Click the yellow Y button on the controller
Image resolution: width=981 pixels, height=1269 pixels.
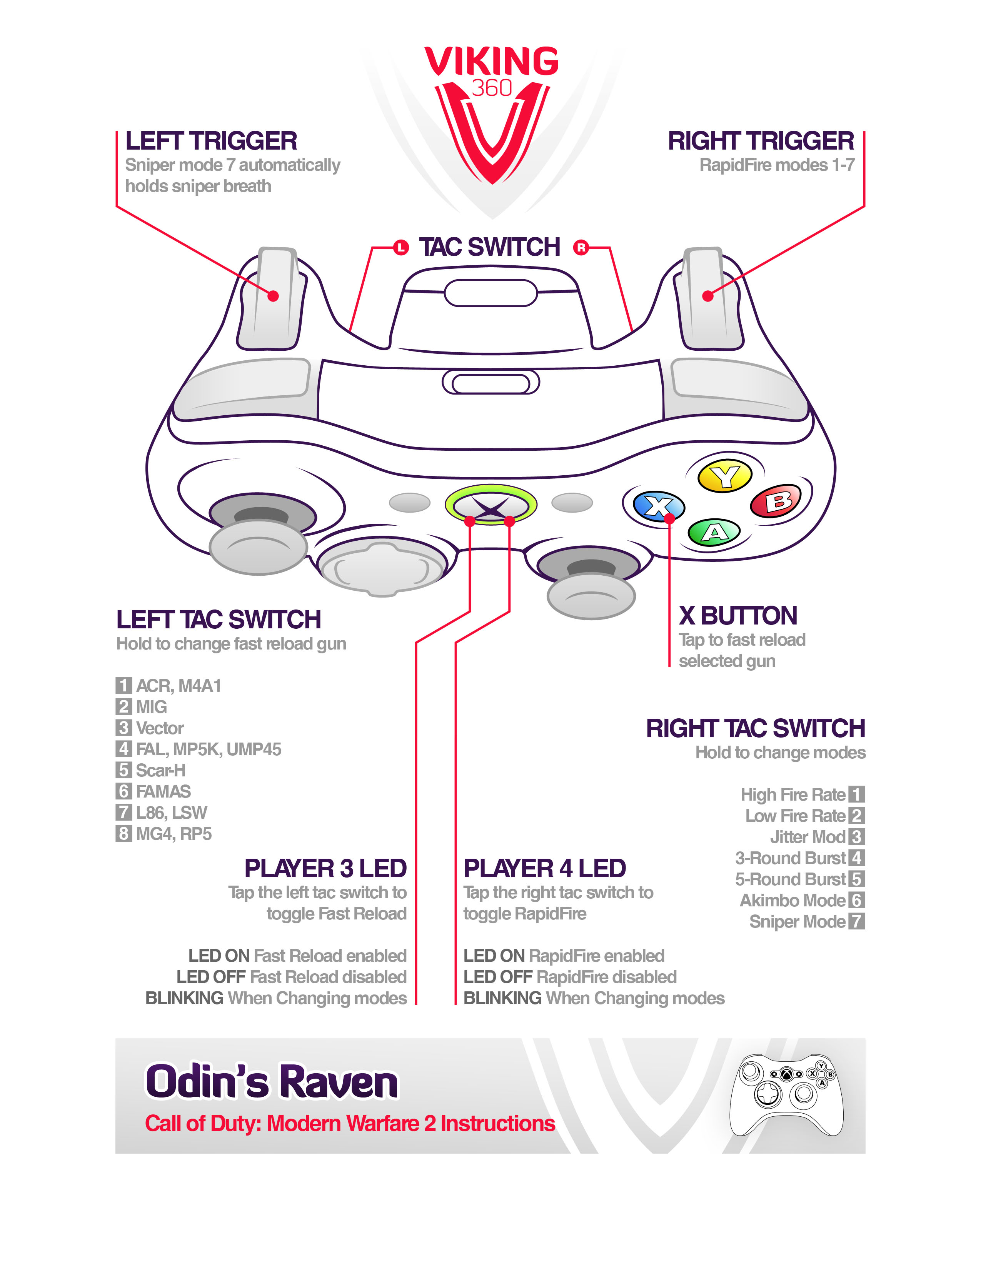(725, 476)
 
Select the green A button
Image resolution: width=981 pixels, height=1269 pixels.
(714, 532)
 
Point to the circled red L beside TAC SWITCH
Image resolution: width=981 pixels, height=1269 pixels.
(400, 248)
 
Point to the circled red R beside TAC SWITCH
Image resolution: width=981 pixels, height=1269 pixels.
(581, 248)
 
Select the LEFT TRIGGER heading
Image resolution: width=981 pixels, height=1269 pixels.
(211, 141)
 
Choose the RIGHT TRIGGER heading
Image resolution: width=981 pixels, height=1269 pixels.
(761, 141)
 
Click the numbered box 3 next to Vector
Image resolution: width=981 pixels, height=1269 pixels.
(123, 728)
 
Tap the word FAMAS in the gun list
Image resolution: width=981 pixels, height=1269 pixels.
(163, 791)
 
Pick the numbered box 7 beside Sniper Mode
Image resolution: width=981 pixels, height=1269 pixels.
(857, 921)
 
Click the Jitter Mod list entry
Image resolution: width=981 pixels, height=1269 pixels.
(807, 837)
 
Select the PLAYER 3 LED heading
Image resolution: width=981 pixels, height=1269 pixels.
(325, 869)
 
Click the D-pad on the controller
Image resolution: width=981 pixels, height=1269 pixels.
(382, 569)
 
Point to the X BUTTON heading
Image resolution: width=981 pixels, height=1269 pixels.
(738, 616)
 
